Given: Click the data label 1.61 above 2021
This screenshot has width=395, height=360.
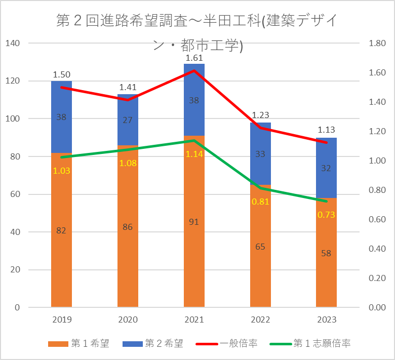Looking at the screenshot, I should (194, 58).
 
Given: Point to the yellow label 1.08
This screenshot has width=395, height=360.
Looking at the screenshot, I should (128, 163).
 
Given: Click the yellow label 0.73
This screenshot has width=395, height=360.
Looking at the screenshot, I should (326, 215).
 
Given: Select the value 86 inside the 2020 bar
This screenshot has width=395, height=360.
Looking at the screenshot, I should (128, 227).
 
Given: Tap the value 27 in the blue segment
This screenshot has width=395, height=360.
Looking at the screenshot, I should (128, 120).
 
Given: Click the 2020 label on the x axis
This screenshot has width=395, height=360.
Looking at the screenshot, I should (128, 319).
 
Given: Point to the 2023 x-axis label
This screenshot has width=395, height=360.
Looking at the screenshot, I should (326, 319).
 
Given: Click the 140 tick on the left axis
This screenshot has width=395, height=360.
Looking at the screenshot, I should (13, 44).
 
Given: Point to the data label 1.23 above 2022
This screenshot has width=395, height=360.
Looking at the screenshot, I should (260, 115).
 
